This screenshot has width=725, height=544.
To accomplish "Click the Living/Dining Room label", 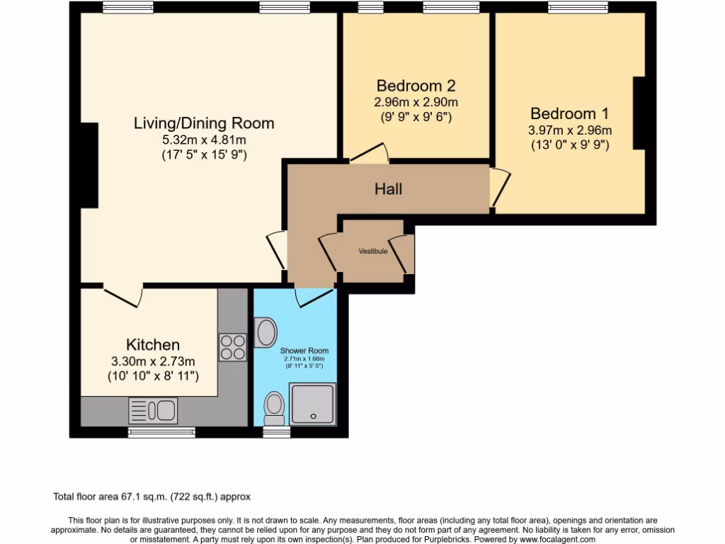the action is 204,123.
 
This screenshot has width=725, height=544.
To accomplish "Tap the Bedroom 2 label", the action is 416,86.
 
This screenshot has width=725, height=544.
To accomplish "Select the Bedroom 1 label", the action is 570,113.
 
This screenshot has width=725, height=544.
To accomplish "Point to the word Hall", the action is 389,188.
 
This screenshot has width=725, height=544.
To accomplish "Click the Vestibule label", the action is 373,251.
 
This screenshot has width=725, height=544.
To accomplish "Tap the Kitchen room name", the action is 153,345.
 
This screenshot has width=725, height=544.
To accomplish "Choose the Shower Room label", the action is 304,351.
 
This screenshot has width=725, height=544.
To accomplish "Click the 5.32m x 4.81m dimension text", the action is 204,140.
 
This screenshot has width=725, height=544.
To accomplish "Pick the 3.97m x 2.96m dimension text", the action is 570,130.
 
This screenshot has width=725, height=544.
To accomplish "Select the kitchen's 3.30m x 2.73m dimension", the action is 153,361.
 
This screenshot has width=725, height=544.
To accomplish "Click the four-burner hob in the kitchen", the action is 232,347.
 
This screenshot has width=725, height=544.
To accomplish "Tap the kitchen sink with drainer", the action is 153,410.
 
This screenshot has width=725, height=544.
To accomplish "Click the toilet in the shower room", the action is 274,408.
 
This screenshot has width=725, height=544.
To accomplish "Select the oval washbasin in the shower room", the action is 266,333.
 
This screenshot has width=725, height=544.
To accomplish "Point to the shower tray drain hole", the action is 314,416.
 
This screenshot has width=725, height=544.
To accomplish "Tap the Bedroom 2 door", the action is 369,153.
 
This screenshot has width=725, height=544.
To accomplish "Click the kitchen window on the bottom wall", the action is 162,433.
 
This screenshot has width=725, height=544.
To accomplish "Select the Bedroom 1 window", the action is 578,7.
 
